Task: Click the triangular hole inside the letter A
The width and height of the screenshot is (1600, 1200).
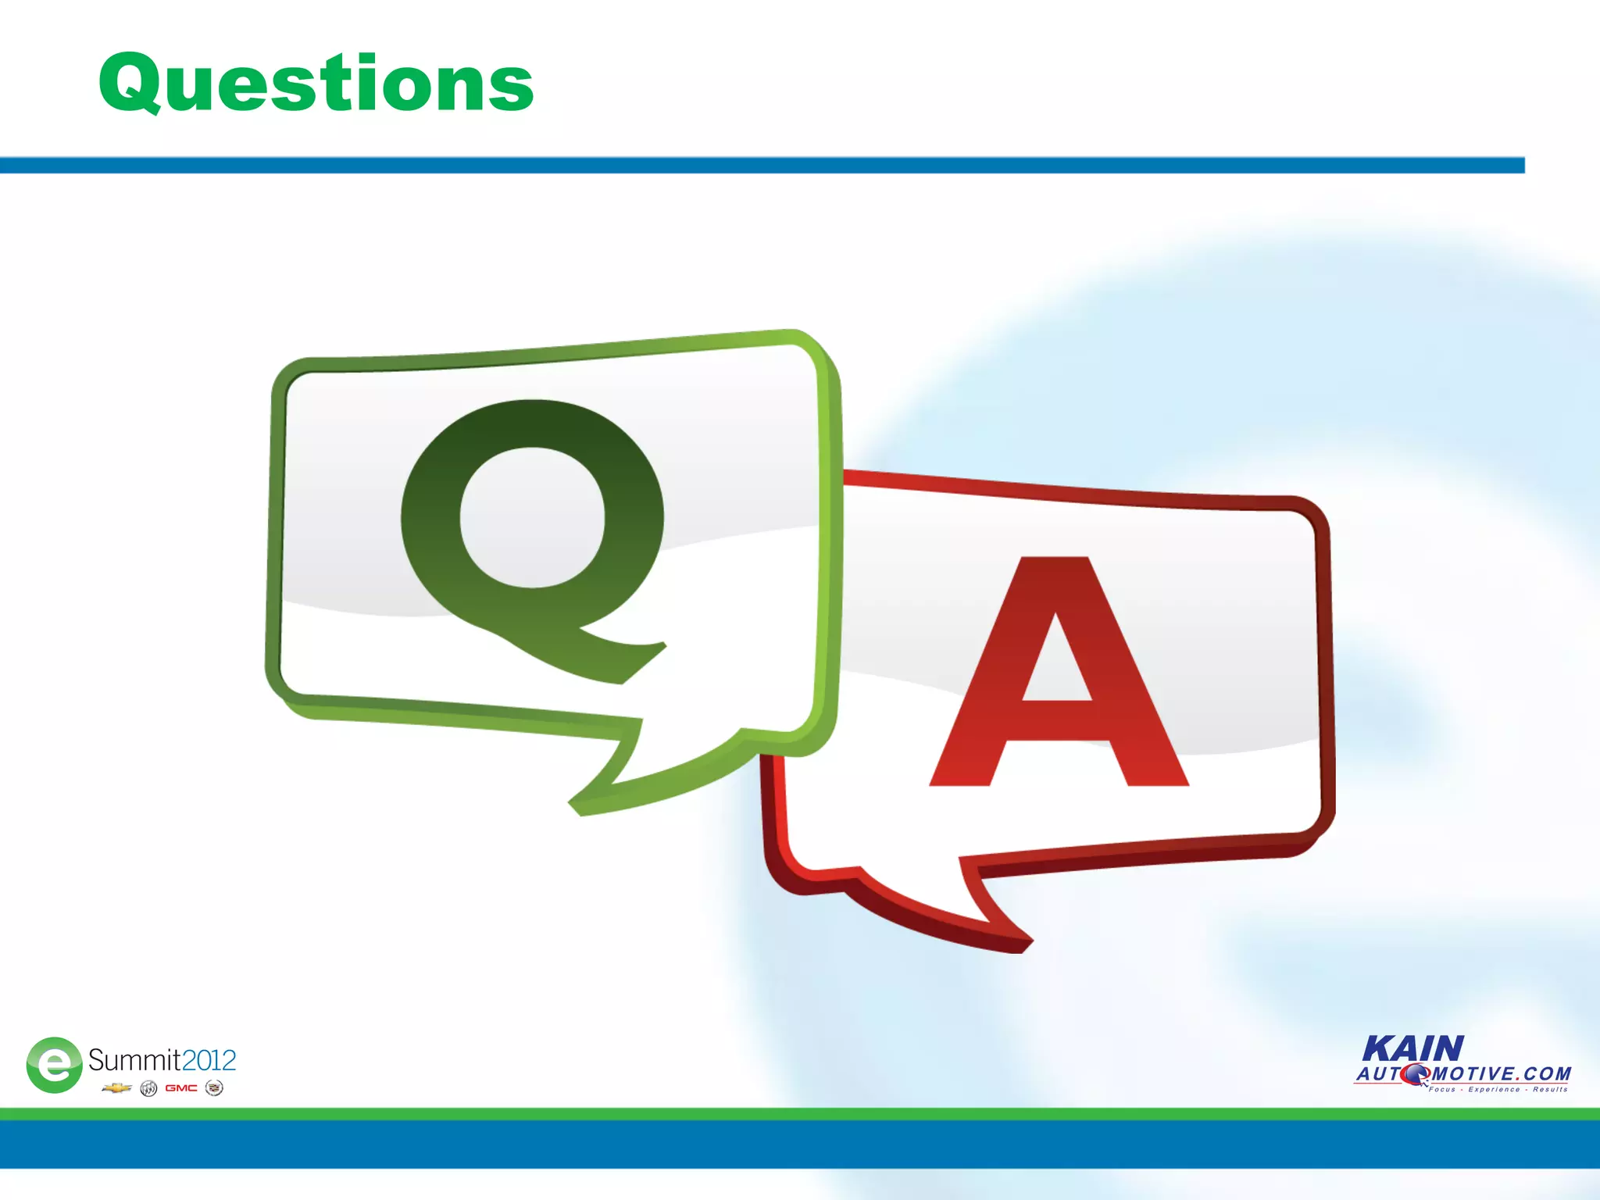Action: pyautogui.click(x=1056, y=664)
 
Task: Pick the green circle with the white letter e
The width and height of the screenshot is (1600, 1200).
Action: pyautogui.click(x=54, y=1064)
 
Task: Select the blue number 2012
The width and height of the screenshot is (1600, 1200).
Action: pyautogui.click(x=209, y=1060)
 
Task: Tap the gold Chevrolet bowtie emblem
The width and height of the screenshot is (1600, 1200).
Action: pyautogui.click(x=116, y=1087)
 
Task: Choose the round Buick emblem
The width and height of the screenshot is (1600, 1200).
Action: pyautogui.click(x=148, y=1088)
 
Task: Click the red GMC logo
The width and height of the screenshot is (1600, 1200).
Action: pyautogui.click(x=181, y=1087)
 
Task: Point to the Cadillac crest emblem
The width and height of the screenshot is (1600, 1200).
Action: pyautogui.click(x=214, y=1087)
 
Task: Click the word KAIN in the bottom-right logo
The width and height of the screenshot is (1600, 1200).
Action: pyautogui.click(x=1412, y=1048)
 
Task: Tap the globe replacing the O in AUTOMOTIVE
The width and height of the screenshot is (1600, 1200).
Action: pyautogui.click(x=1415, y=1075)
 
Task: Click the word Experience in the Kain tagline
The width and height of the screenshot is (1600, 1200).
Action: pyautogui.click(x=1494, y=1089)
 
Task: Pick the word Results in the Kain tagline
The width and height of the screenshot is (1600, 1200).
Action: pyautogui.click(x=1550, y=1089)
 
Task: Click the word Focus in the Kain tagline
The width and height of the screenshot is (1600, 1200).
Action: pyautogui.click(x=1442, y=1089)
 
